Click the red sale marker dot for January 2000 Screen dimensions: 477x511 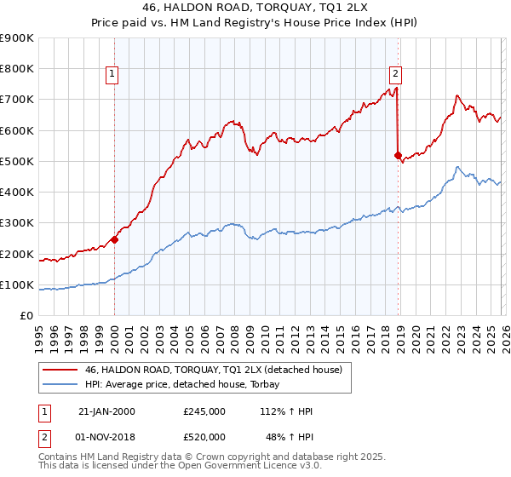114,240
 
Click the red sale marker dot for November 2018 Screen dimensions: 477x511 398,155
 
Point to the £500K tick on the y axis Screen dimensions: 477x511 17,161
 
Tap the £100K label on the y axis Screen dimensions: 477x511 17,284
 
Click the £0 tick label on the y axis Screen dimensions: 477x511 26,316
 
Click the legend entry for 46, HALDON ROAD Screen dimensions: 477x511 213,370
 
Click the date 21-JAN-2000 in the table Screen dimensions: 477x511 106,411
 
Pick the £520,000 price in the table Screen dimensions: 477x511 204,436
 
